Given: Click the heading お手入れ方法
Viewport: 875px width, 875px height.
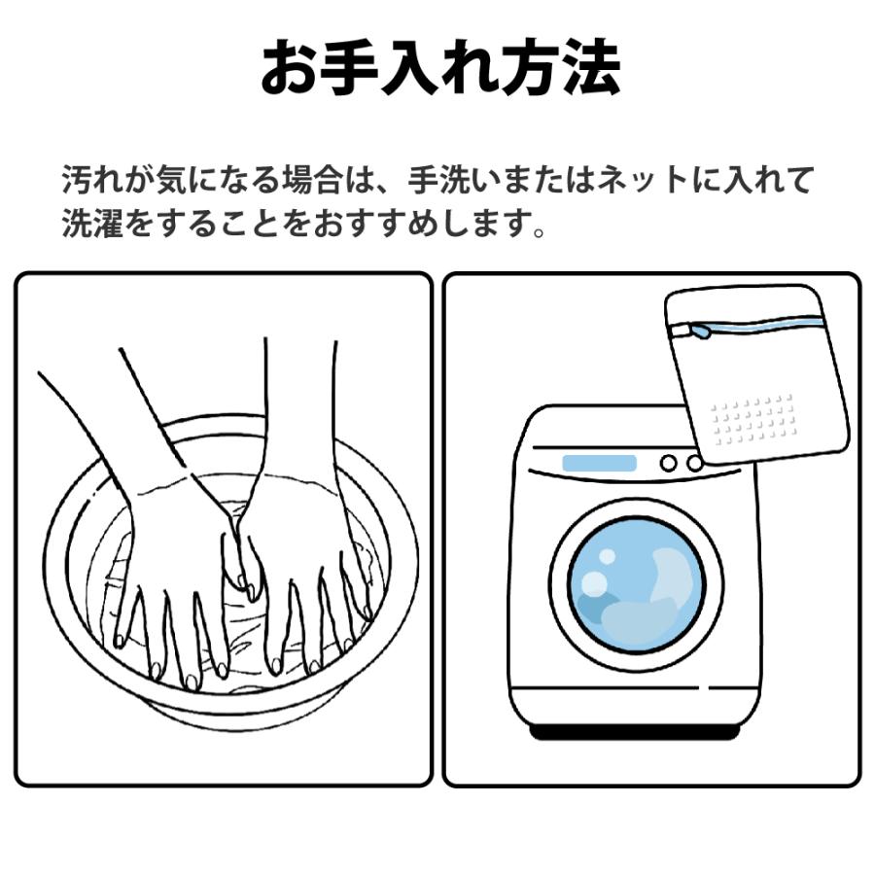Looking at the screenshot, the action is pos(440,67).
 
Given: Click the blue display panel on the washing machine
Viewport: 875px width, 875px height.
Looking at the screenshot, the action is pos(599,463).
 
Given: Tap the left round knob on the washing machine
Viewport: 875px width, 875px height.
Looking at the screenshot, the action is pos(669,463).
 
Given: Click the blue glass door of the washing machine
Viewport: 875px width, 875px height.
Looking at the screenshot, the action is pos(636,584).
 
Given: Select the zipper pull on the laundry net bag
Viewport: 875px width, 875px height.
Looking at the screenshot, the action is pos(700,332).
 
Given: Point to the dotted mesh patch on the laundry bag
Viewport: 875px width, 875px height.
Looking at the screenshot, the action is pos(752,419).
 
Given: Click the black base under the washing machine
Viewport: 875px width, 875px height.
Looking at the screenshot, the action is pos(635,731).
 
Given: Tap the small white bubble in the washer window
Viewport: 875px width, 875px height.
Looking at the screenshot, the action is pos(607,556).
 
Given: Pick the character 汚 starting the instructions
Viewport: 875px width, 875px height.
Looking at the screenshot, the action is pos(77,180).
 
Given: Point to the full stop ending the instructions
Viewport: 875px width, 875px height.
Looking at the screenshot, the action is pos(539,230).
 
